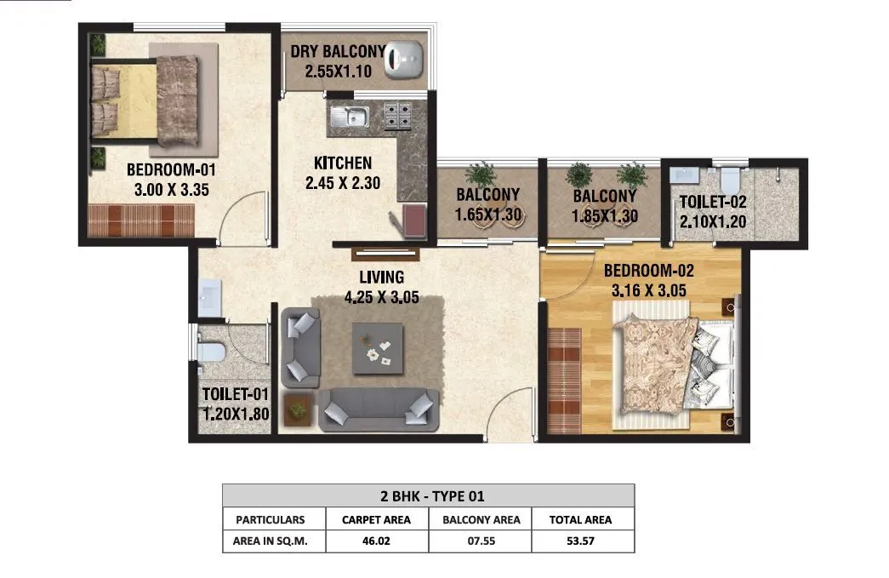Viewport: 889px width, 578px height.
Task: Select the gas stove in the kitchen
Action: pos(395,115)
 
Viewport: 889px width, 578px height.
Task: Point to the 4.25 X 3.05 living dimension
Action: pos(381,299)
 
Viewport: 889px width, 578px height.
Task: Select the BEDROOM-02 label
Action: pos(649,272)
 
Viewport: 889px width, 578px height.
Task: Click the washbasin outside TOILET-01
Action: pos(209,298)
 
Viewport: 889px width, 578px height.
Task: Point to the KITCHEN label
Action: pos(342,163)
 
